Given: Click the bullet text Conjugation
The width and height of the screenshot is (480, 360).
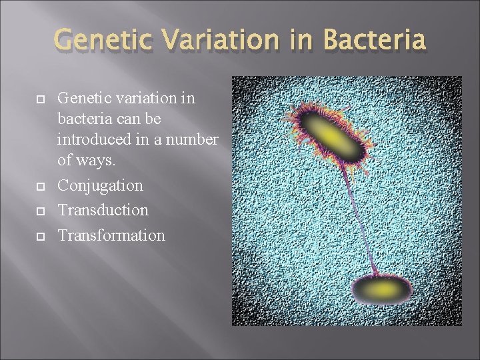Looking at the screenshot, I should coord(100,185).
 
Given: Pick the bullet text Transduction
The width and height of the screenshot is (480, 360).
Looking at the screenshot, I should coord(103,209).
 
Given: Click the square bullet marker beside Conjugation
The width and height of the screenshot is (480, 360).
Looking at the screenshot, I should coord(39,186).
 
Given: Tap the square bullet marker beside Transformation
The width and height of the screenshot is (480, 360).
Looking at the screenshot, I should coord(39,235).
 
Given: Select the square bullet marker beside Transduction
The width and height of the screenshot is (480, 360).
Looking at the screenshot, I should coord(39,211).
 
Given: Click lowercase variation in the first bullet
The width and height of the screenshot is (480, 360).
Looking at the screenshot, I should coord(141,98).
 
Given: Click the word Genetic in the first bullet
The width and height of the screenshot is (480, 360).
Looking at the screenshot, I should coord(83,98).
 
